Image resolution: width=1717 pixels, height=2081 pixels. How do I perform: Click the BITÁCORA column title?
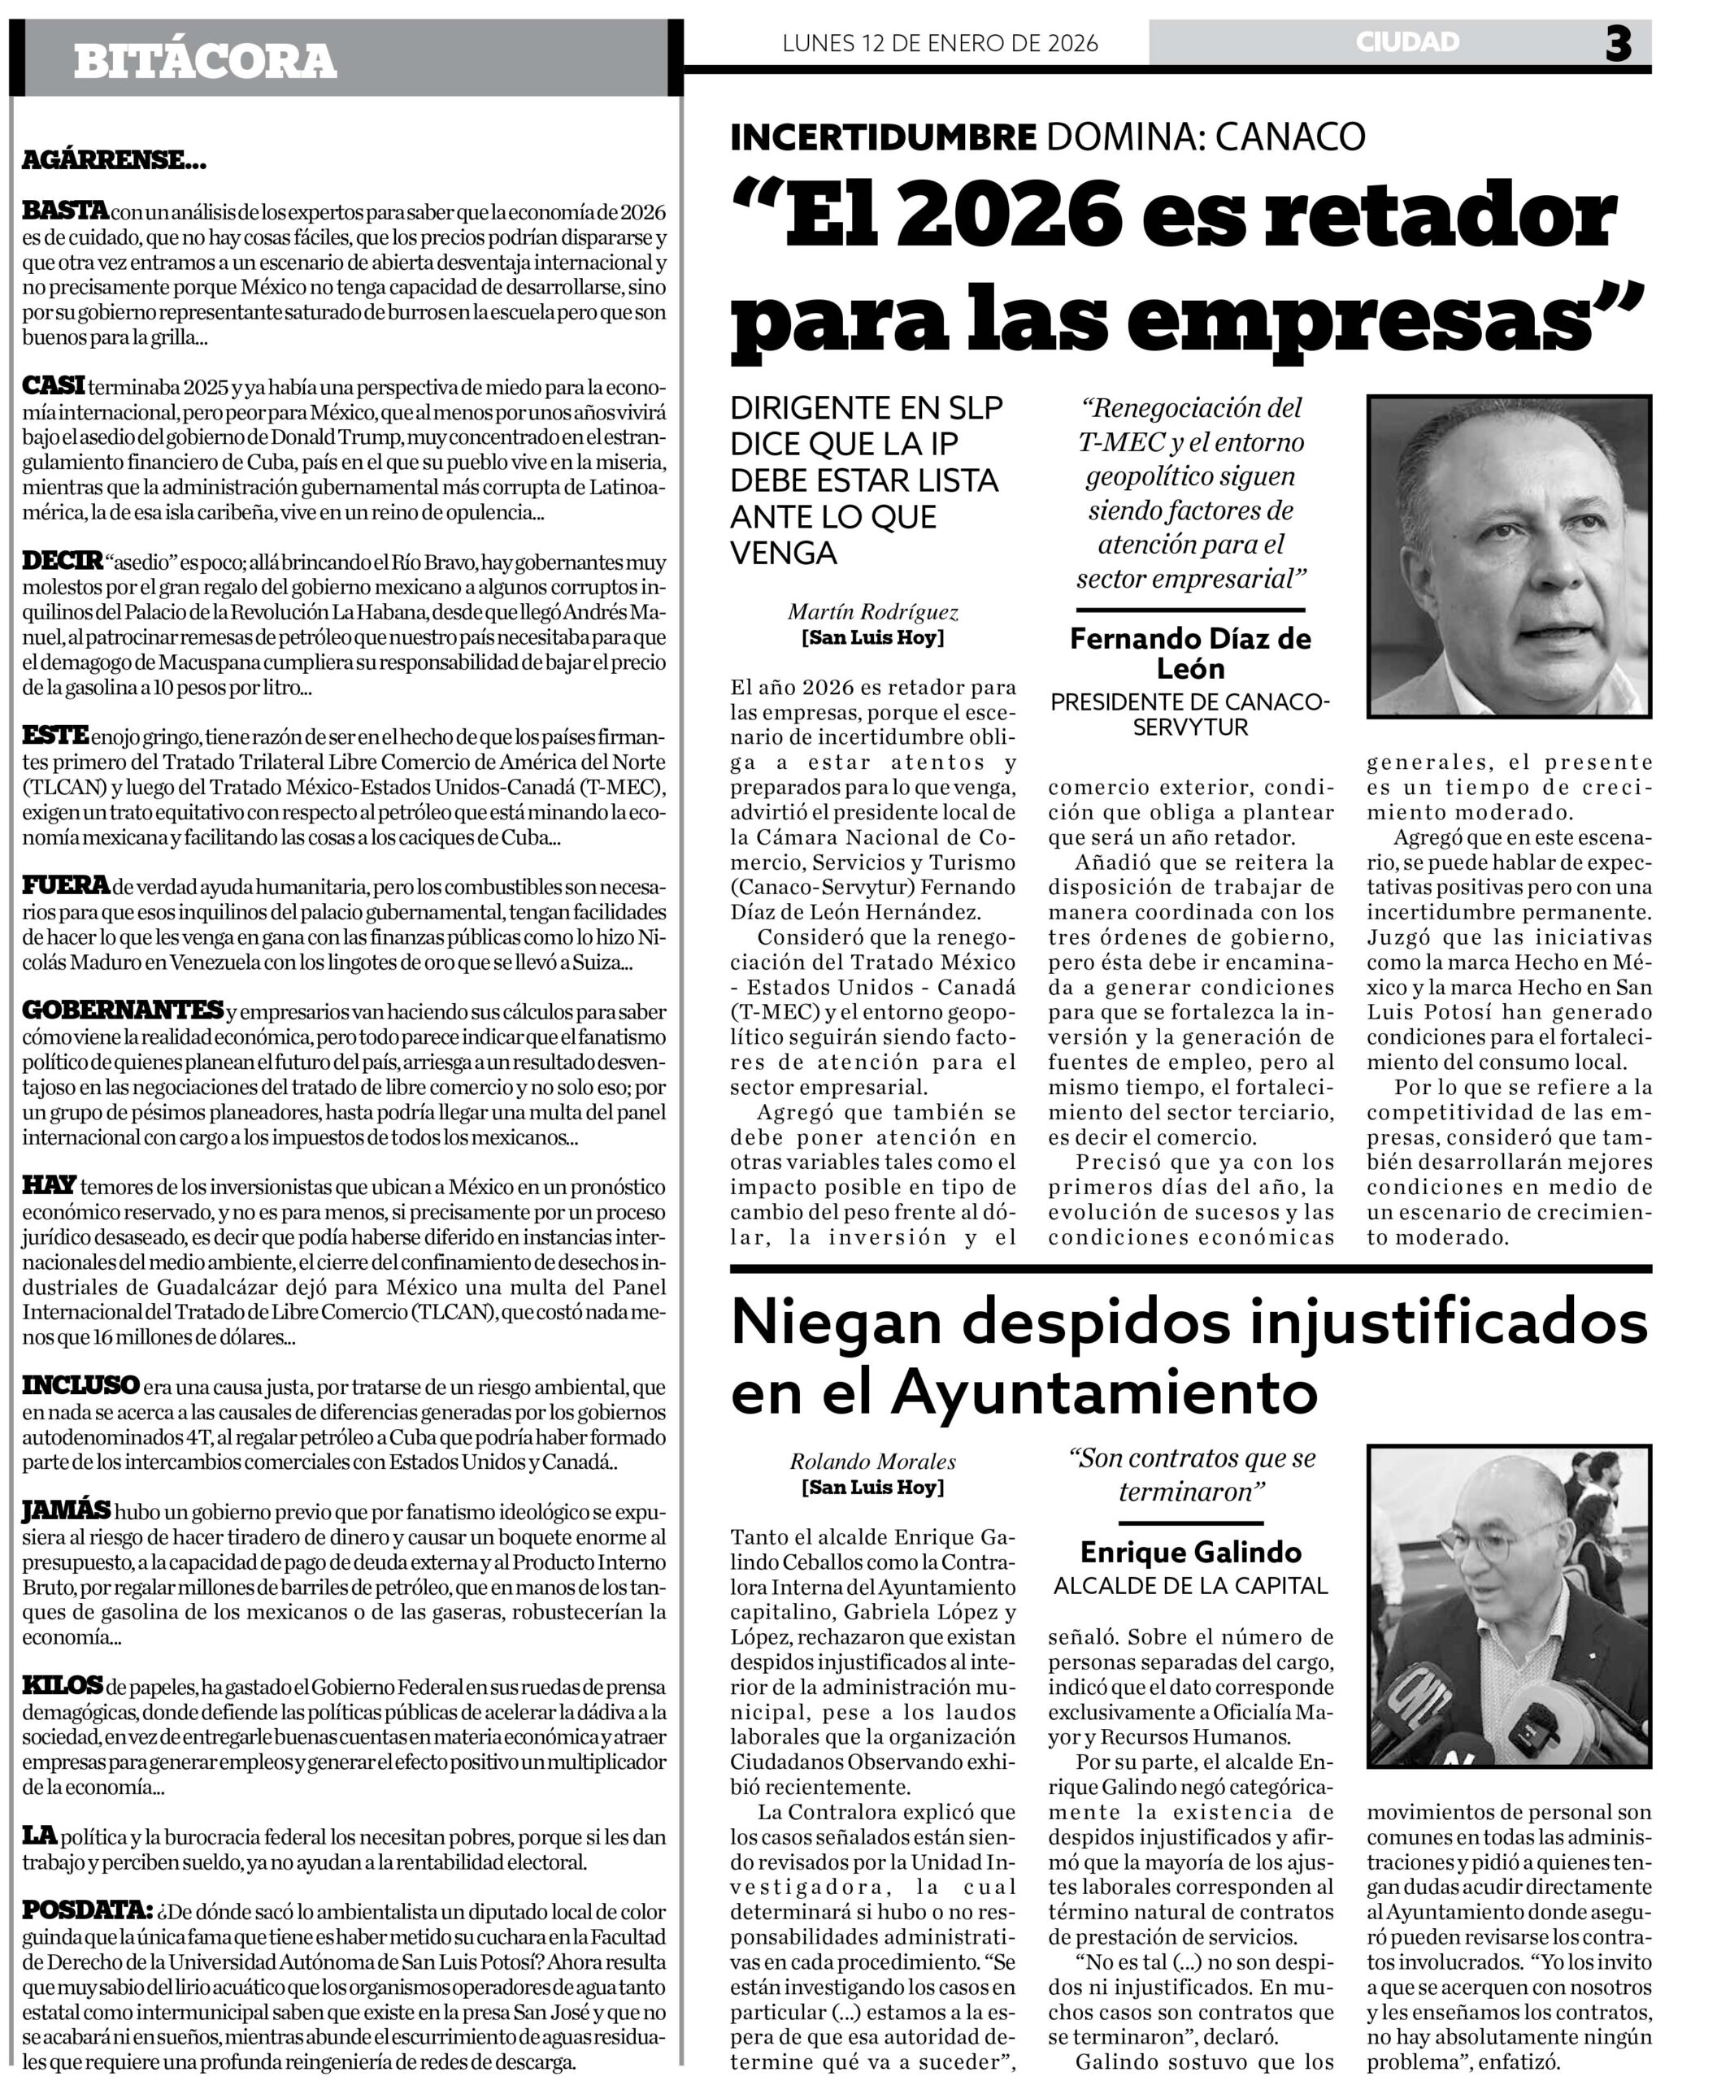tap(205, 61)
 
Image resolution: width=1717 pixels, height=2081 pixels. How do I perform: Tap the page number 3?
tap(1618, 44)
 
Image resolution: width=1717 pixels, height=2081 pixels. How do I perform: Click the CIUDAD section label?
tap(1407, 41)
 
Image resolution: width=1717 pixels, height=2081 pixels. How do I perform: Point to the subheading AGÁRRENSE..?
tap(114, 159)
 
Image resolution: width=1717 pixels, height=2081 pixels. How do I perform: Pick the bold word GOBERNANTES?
tap(122, 1010)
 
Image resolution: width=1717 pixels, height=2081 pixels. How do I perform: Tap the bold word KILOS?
tap(63, 1684)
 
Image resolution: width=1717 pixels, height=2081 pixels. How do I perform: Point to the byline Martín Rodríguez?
tap(872, 612)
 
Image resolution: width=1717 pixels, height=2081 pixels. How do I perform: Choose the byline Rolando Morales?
tap(872, 1461)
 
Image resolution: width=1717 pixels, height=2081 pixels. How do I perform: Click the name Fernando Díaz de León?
tap(1190, 653)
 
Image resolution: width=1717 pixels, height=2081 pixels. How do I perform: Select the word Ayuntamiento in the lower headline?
tap(1105, 1392)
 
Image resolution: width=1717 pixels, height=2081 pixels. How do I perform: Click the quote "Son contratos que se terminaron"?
tap(1191, 1474)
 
